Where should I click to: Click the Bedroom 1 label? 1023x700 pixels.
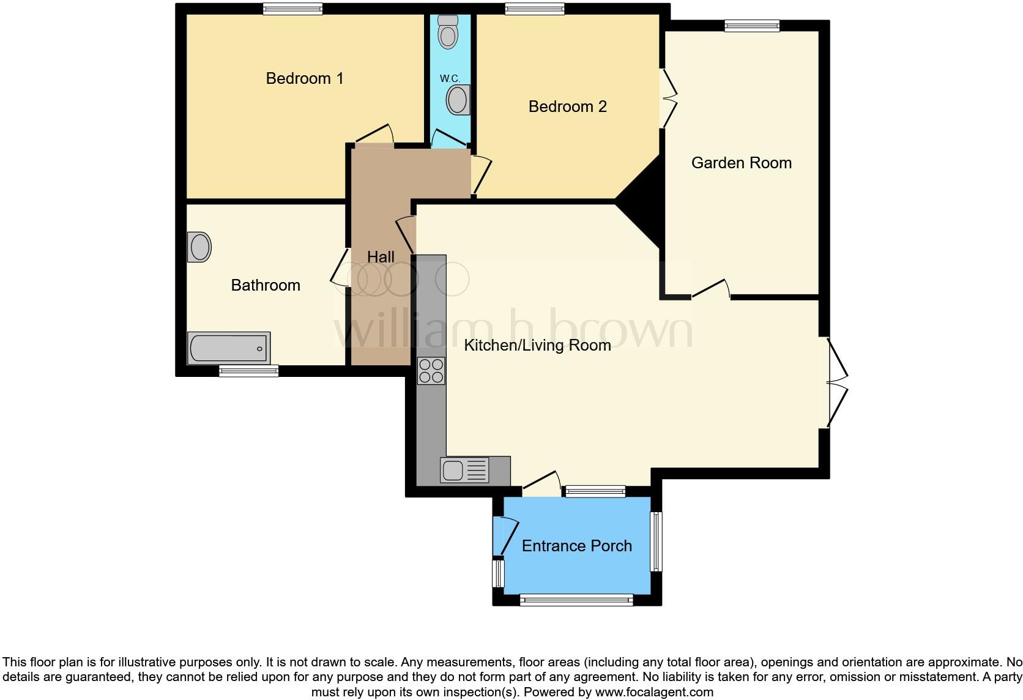[x=304, y=78]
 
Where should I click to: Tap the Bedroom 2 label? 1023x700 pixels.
[x=567, y=106]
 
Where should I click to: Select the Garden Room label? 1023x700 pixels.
[x=741, y=163]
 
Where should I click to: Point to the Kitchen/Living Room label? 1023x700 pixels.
[x=537, y=345]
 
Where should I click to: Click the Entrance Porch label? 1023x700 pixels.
[x=576, y=546]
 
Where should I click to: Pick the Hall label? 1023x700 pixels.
[x=381, y=257]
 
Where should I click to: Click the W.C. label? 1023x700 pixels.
[x=450, y=78]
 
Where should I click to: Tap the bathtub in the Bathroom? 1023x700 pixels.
[x=228, y=348]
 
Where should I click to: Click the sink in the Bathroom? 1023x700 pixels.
[x=199, y=247]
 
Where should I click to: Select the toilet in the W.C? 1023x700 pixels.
[x=448, y=32]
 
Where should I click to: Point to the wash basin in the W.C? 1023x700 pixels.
[x=458, y=100]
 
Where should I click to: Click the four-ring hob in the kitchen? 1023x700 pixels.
[x=431, y=371]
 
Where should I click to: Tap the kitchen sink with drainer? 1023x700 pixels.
[x=464, y=470]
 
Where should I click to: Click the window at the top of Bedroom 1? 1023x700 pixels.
[x=292, y=9]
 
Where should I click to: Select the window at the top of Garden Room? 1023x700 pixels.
[x=751, y=26]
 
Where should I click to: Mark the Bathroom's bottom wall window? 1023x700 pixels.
[x=249, y=371]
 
